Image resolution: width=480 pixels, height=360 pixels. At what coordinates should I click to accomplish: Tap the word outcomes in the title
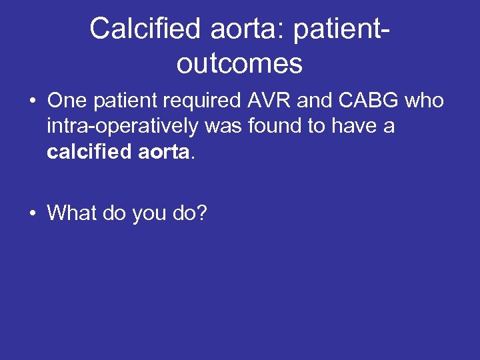point(240,63)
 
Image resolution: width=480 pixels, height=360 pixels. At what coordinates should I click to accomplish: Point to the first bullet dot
point(32,101)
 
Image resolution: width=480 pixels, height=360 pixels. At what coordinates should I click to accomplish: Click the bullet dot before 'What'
point(32,213)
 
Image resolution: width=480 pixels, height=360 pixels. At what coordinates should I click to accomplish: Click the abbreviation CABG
point(373,101)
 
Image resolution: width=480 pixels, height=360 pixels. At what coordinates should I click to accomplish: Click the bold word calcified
point(89,151)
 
